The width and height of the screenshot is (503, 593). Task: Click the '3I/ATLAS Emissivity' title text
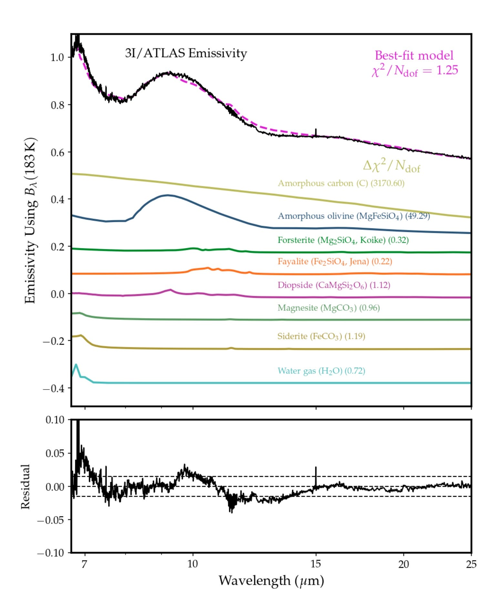186,53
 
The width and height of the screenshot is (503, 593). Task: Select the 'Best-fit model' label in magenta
414,56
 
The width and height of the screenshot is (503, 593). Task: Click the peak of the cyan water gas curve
76,365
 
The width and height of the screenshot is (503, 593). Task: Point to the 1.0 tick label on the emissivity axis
57,57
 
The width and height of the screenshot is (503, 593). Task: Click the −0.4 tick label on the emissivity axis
53,388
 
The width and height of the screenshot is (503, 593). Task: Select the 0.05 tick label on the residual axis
55,453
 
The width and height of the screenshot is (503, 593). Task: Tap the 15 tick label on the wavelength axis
316,564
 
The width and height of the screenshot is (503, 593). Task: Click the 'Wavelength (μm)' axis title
271,581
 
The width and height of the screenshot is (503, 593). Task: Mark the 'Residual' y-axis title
25,486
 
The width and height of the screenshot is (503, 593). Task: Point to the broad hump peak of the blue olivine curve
167,195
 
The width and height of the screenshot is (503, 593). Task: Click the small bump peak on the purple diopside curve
170,289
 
